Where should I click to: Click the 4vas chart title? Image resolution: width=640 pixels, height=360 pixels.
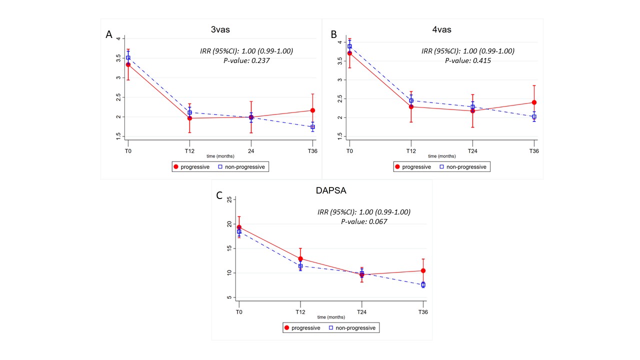pos(442,29)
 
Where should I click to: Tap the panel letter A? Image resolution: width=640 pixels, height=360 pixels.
pos(108,34)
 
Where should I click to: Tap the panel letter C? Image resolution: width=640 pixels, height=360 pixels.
pos(219,195)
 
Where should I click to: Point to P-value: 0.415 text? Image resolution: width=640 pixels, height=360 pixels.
pos(468,60)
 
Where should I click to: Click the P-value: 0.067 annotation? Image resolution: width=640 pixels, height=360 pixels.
pos(364,221)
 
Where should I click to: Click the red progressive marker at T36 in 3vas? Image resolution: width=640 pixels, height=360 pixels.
pos(312,110)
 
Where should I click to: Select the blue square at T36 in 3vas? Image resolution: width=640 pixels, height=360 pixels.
pos(312,127)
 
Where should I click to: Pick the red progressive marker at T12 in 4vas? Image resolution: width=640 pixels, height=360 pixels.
pos(411,106)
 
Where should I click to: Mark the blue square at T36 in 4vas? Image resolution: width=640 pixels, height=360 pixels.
pos(534,117)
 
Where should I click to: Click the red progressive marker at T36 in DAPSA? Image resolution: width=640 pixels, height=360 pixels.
pos(423,270)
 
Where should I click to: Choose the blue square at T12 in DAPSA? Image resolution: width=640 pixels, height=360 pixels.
pos(300,266)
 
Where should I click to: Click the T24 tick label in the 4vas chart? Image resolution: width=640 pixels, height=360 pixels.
pos(472,150)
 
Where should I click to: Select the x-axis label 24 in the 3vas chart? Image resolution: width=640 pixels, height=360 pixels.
pos(251,151)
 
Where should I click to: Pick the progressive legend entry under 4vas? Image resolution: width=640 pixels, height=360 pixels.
pos(412,167)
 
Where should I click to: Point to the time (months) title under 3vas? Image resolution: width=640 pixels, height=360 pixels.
pos(220,156)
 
